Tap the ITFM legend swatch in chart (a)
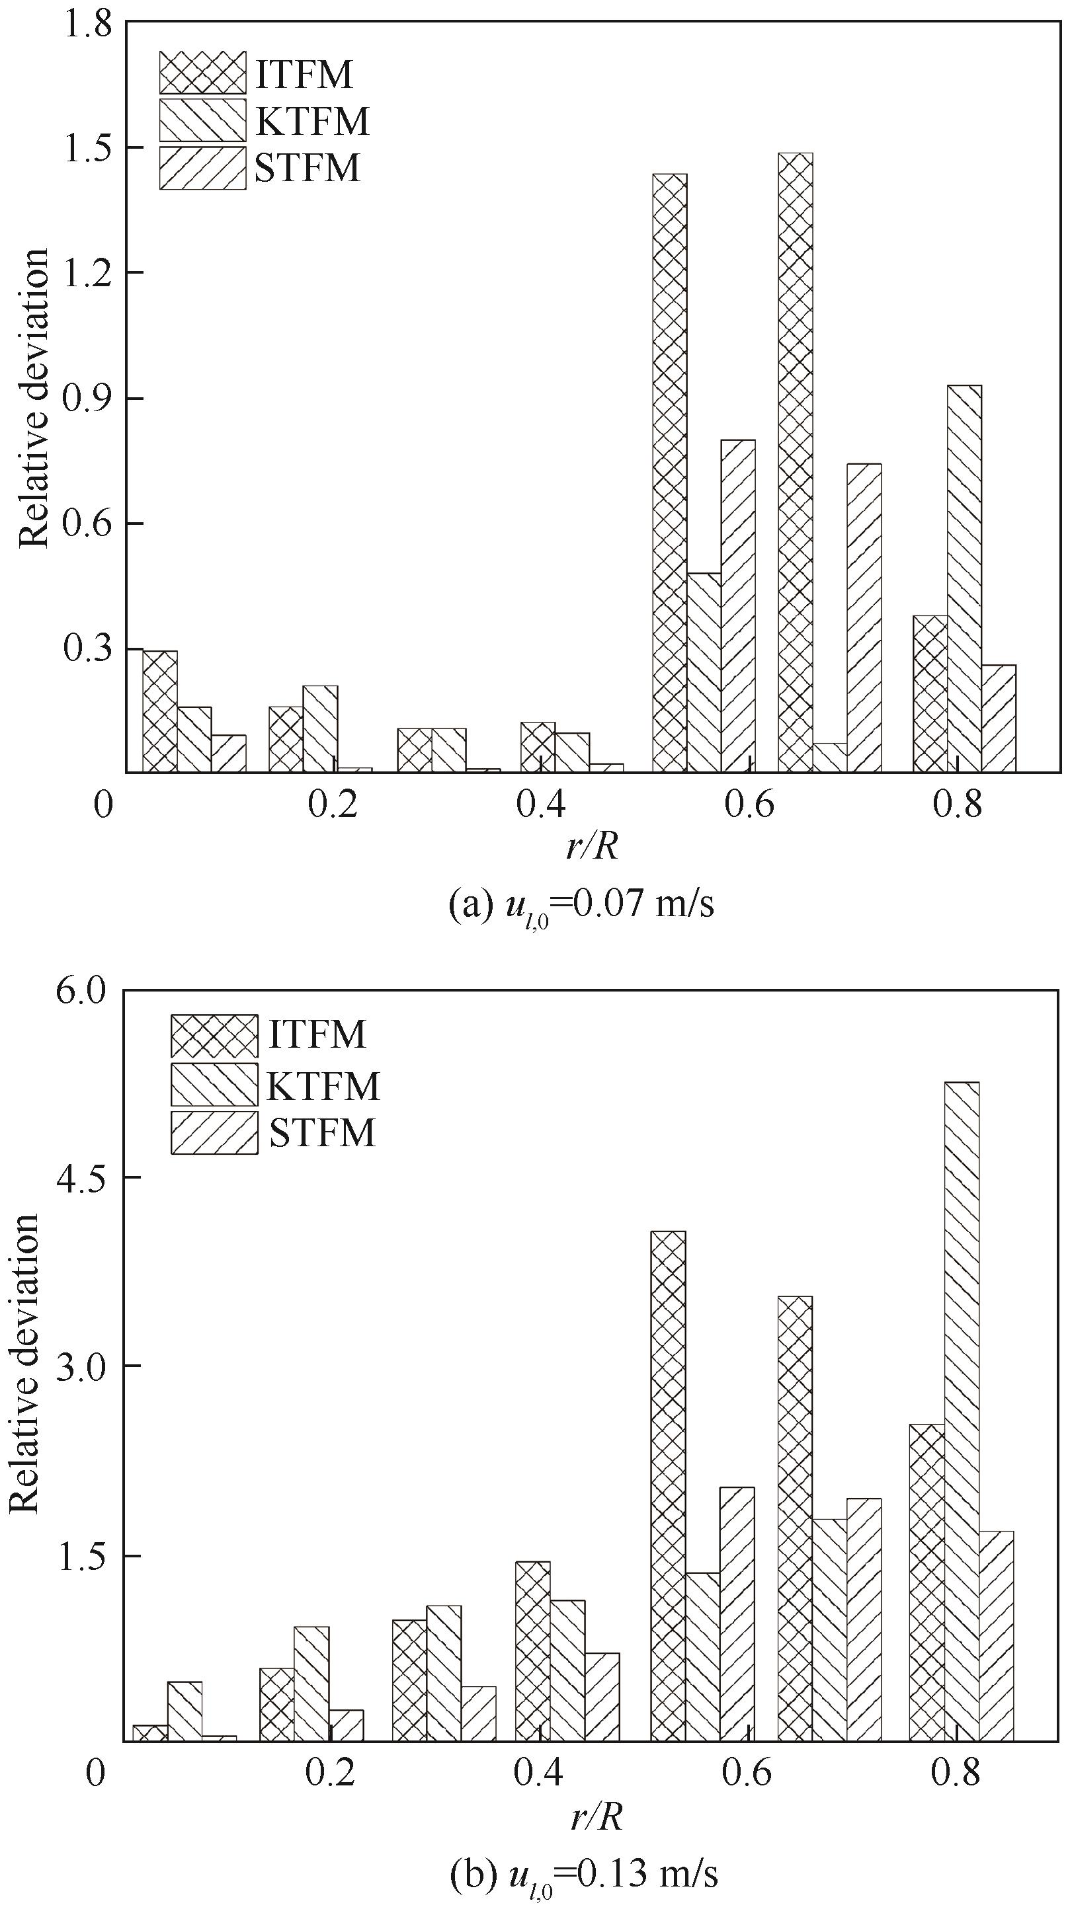(202, 73)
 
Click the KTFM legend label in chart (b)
(323, 1085)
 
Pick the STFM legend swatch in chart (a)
(202, 168)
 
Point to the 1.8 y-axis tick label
(87, 25)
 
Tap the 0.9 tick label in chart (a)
(87, 399)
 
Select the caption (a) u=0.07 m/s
(581, 905)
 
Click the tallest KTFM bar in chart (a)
(964, 578)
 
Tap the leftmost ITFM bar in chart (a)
(159, 711)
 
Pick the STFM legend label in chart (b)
(322, 1133)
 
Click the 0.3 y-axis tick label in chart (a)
(87, 649)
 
